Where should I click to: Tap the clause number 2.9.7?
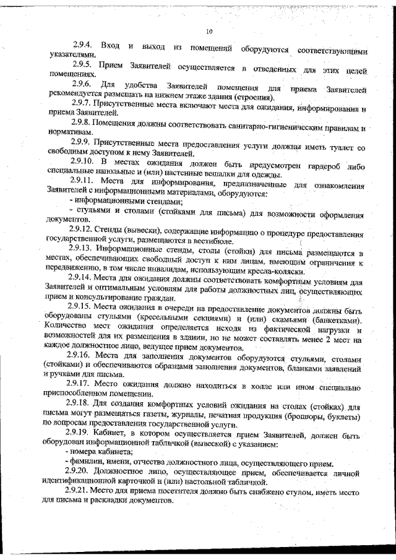pyautogui.click(x=82, y=101)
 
